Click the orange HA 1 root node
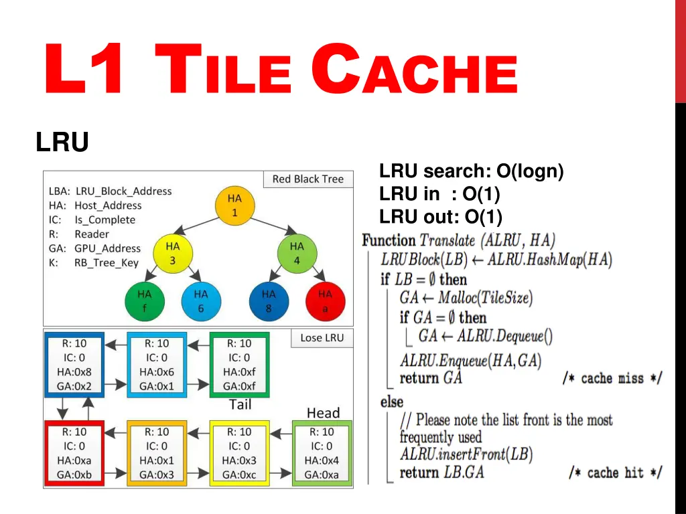point(234,205)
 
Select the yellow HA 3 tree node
point(172,253)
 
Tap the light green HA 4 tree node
point(297,253)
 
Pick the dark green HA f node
point(145,301)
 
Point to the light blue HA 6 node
point(201,301)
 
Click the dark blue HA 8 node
point(269,301)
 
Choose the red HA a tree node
point(325,301)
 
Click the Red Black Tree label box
point(307,179)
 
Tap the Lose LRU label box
point(322,339)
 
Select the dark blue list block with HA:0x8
point(74,364)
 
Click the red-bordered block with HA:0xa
point(74,453)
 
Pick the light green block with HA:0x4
point(322,453)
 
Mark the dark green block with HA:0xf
point(239,364)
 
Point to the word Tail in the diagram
point(240,404)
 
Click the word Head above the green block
point(323,413)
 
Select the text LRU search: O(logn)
point(471,172)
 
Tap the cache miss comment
point(612,379)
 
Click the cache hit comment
point(614,473)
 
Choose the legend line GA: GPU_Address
point(94,248)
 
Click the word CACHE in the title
point(415,71)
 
